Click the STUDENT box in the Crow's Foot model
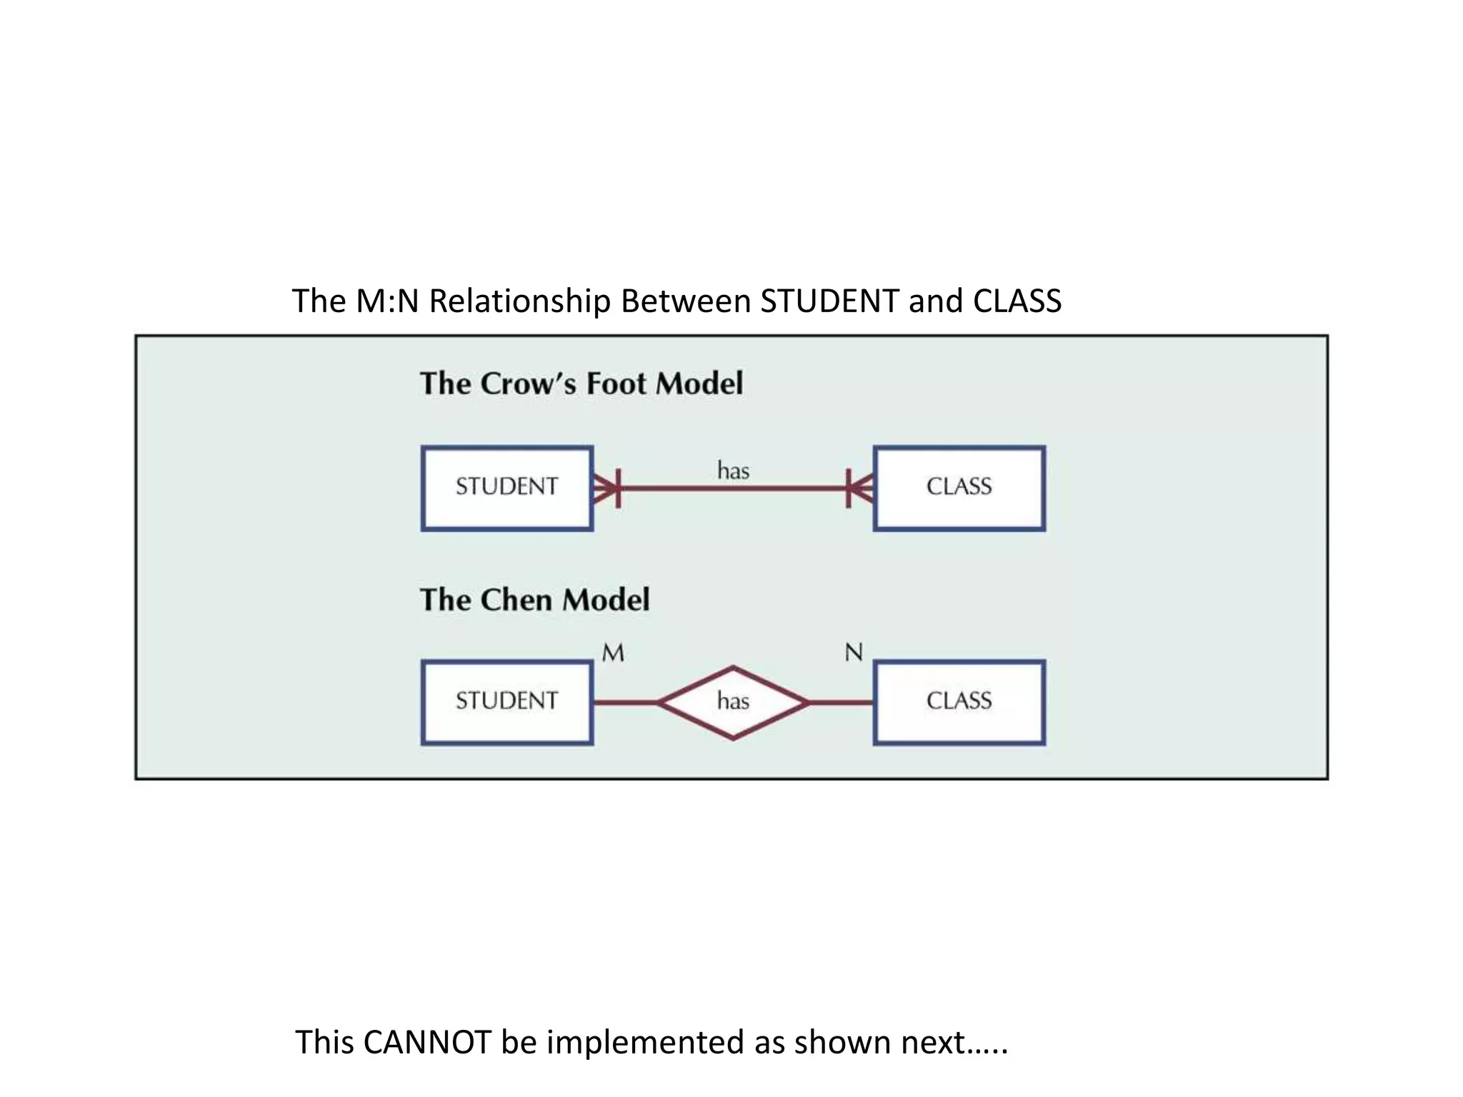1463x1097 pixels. [506, 488]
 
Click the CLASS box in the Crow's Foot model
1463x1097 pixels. [959, 488]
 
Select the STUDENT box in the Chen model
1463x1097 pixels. [506, 702]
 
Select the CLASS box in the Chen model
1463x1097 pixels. [959, 702]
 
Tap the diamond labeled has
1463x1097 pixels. [733, 702]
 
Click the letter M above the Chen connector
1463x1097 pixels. [613, 653]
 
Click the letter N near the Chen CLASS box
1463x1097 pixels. [854, 653]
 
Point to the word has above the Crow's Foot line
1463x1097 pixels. [733, 471]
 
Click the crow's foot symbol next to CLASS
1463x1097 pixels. [859, 489]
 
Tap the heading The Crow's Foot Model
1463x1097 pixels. [581, 384]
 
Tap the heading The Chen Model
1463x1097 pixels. [534, 600]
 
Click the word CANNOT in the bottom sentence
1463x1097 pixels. [426, 1043]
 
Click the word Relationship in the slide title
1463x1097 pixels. [519, 301]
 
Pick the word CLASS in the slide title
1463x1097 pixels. [1017, 301]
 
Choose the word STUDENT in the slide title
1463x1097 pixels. [829, 301]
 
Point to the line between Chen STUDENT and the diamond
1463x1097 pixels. [624, 703]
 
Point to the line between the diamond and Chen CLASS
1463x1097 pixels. [842, 703]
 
